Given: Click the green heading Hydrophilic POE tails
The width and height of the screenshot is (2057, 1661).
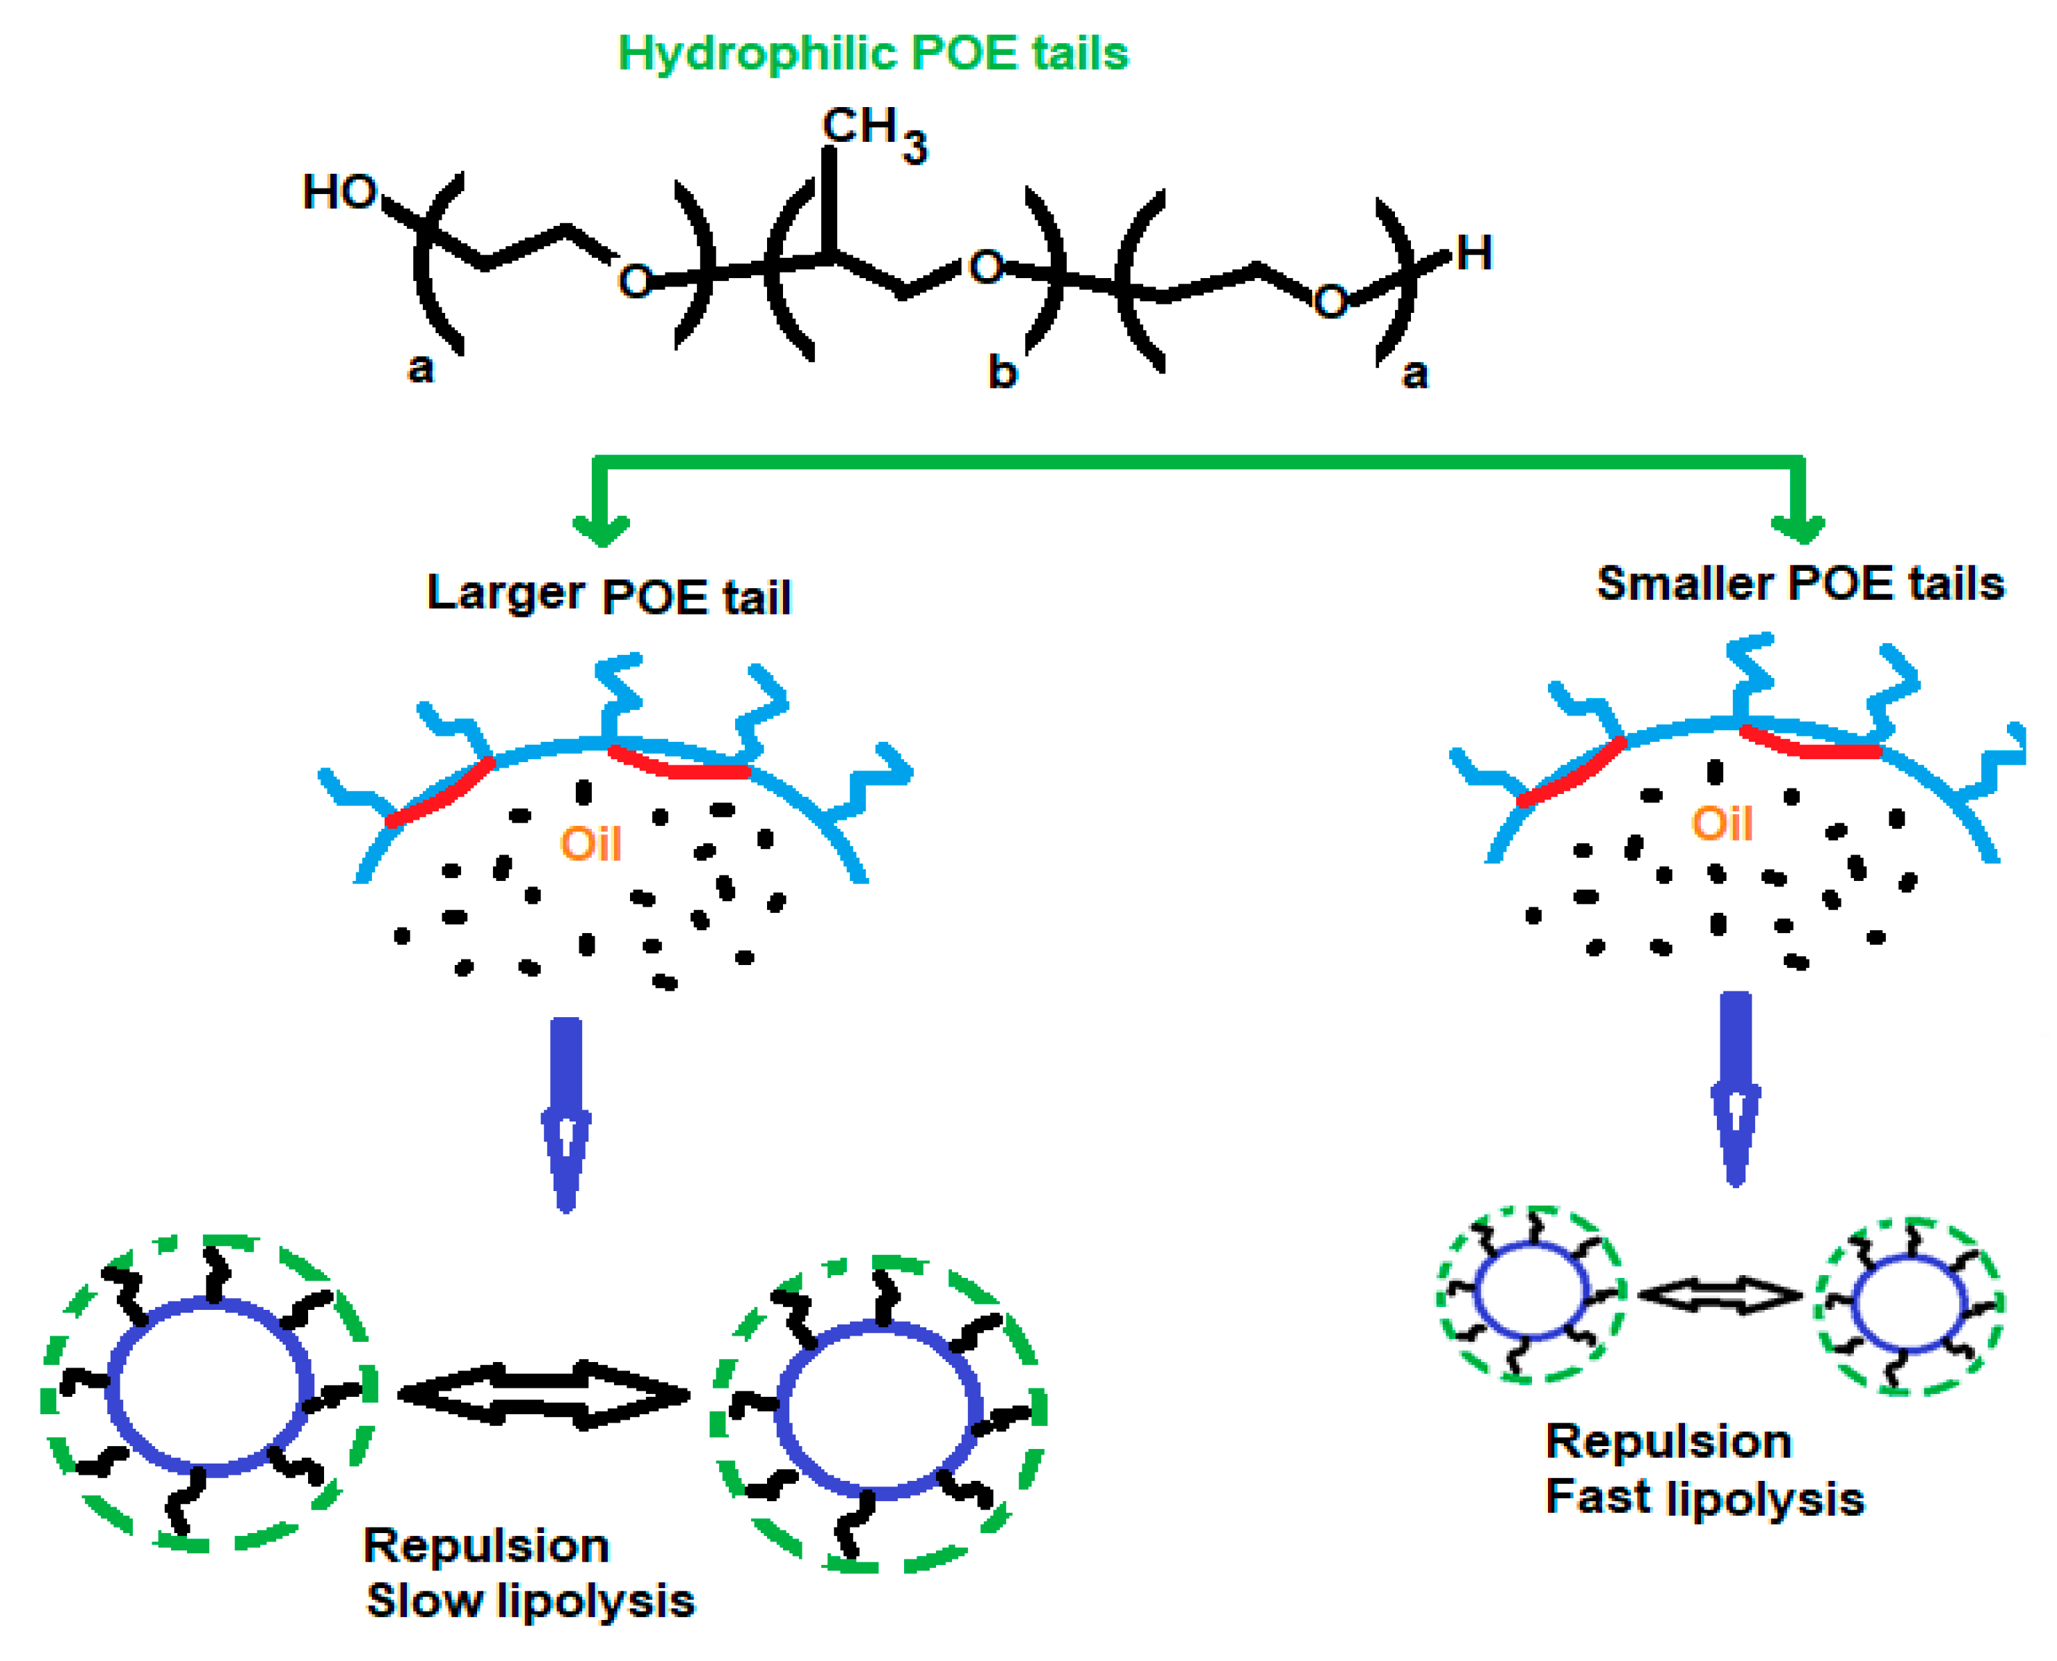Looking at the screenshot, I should click(873, 53).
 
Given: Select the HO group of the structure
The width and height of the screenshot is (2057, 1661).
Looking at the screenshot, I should click(339, 193).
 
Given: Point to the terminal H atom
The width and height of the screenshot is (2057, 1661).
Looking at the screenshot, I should click(1474, 254).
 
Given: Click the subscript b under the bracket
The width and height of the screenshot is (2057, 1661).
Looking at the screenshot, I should click(1001, 372).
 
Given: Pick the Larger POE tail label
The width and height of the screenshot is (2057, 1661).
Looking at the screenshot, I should click(608, 595).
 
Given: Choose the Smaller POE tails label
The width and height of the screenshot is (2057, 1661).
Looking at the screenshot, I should click(1800, 583).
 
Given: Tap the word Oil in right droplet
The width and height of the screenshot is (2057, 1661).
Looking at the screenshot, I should click(1721, 823).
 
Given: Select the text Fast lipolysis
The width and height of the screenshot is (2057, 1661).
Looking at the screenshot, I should click(1704, 1498).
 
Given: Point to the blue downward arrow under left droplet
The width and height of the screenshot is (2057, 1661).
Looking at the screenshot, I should click(566, 1115).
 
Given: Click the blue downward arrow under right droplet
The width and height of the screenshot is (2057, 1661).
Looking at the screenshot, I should click(1736, 1088).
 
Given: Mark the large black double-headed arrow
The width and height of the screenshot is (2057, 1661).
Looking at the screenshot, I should click(543, 1395).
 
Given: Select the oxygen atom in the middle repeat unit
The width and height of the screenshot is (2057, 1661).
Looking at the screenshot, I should click(985, 267).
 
